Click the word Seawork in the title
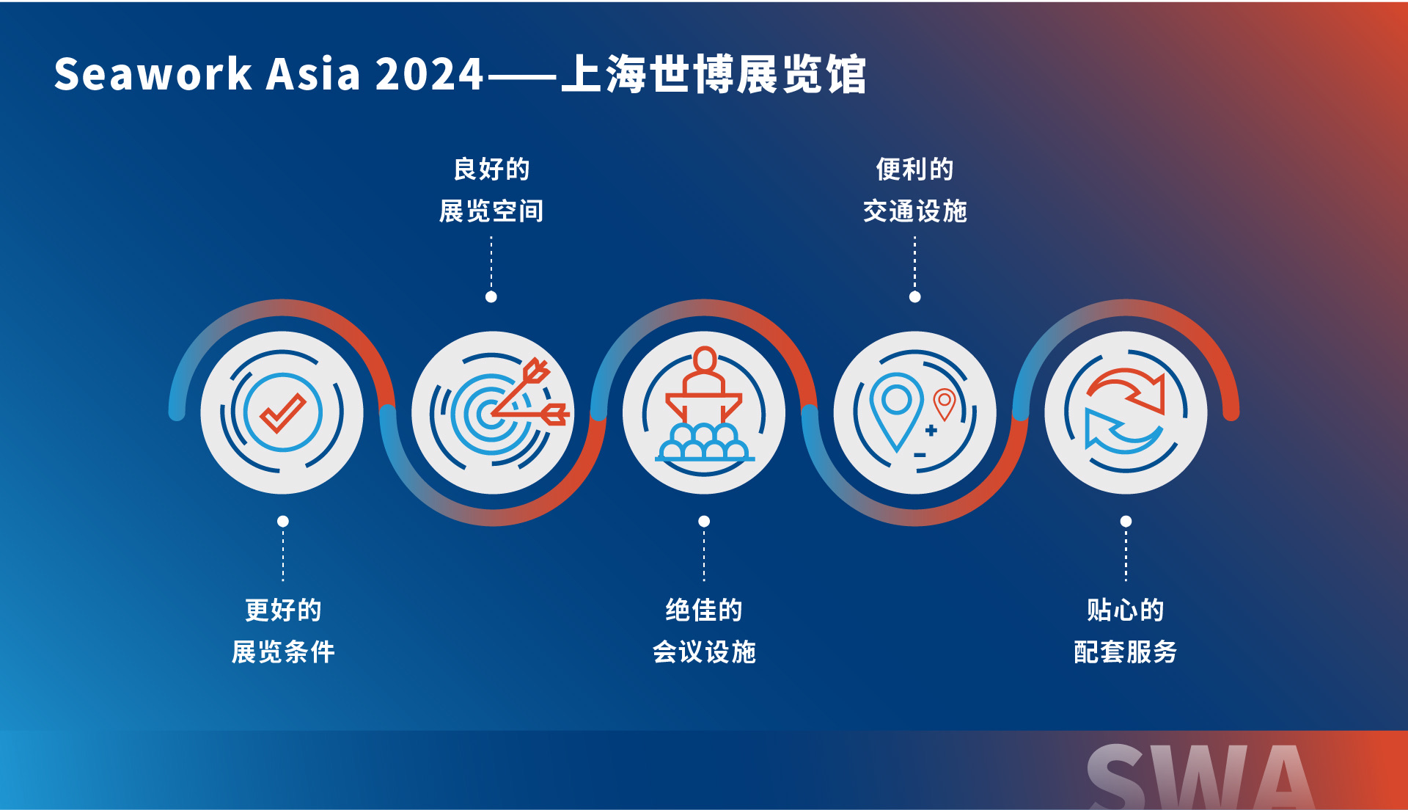[x=153, y=74]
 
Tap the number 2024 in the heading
[x=429, y=74]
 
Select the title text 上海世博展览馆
[x=714, y=74]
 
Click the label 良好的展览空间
[x=491, y=190]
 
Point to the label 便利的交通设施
[x=914, y=190]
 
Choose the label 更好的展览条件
[x=283, y=630]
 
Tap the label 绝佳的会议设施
[x=704, y=630]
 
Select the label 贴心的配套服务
[x=1126, y=630]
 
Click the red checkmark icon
[x=283, y=412]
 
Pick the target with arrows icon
[x=499, y=412]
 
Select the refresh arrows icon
[x=1126, y=412]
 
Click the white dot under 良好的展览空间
[x=491, y=297]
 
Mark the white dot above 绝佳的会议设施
[x=704, y=522]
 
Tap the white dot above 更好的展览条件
[x=283, y=522]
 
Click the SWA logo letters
[x=1200, y=777]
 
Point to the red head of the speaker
[x=705, y=360]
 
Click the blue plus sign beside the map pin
[x=931, y=431]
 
